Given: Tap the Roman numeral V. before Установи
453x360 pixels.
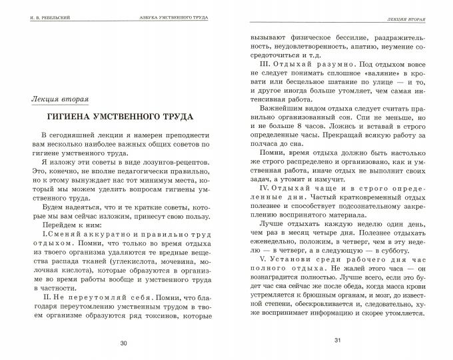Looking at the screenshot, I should point(269,258).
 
